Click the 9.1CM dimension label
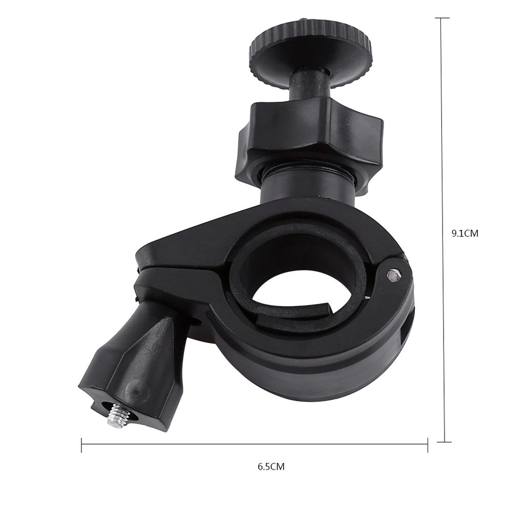click(465, 234)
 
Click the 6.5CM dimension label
click(271, 467)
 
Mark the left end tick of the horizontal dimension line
click(82, 445)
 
